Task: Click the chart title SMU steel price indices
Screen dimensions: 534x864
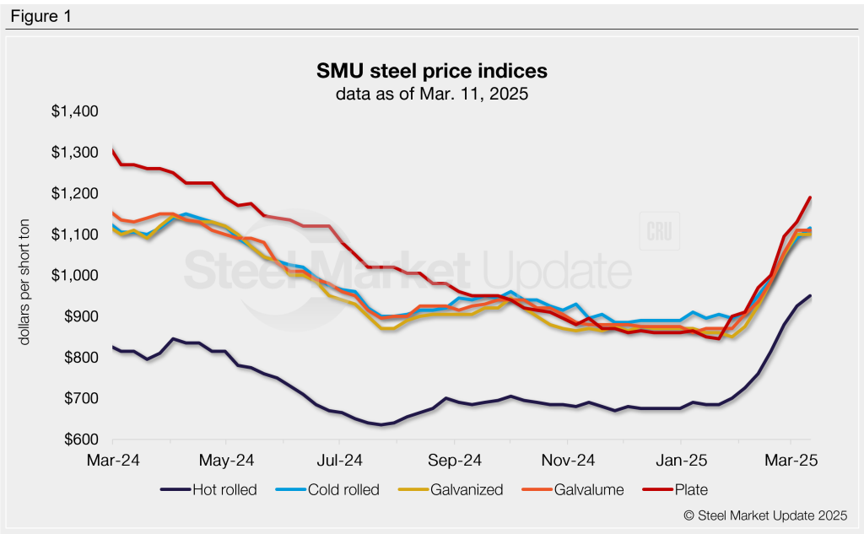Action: tap(431, 71)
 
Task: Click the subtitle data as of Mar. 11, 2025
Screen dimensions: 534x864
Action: tap(431, 94)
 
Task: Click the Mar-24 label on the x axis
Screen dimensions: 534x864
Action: tap(113, 461)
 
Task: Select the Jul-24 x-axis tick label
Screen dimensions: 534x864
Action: tap(341, 461)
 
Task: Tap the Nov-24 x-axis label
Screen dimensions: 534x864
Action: tap(567, 461)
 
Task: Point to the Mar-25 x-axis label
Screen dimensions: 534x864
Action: tap(790, 461)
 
